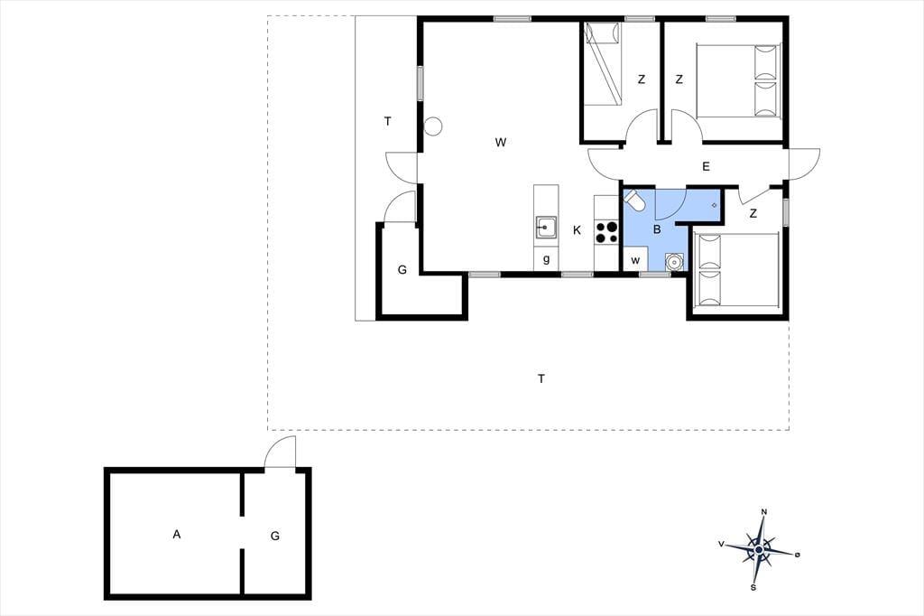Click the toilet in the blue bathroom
coord(635,200)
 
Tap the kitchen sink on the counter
coord(546,228)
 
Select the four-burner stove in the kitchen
coord(606,231)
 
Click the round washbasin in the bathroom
coord(673,261)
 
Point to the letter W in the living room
coord(501,142)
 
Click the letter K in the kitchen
coord(577,230)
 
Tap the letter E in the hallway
coord(706,167)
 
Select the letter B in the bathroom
coord(657,229)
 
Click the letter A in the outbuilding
coord(177,535)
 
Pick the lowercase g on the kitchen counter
coord(546,259)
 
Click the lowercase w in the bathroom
coord(635,260)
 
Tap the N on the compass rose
coord(764,511)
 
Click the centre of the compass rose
coord(760,550)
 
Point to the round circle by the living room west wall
coord(433,126)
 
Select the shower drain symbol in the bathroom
coord(715,205)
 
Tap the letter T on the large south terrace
coord(541,378)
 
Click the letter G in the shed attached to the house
coord(402,270)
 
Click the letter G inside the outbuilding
coord(275,537)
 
